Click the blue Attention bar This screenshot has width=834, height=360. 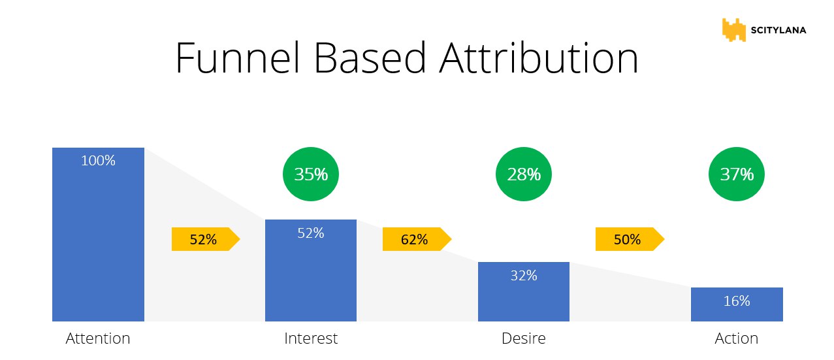pyautogui.click(x=99, y=235)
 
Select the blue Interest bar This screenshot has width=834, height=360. pyautogui.click(x=311, y=270)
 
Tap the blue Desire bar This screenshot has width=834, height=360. pyautogui.click(x=524, y=291)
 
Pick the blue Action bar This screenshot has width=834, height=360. pyautogui.click(x=737, y=304)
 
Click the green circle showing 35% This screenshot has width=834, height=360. pyautogui.click(x=311, y=174)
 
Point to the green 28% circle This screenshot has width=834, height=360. pyautogui.click(x=524, y=174)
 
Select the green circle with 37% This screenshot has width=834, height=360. pyautogui.click(x=737, y=174)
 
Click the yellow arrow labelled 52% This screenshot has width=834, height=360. pyautogui.click(x=206, y=239)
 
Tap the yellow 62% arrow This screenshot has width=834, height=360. pyautogui.click(x=417, y=239)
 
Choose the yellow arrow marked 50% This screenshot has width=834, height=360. pyautogui.click(x=630, y=239)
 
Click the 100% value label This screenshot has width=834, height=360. pyautogui.click(x=99, y=161)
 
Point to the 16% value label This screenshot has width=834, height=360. pyautogui.click(x=737, y=301)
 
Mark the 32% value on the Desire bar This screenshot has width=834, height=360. pyautogui.click(x=524, y=276)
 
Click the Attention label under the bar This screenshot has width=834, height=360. pyautogui.click(x=98, y=338)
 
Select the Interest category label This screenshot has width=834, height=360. pyautogui.click(x=311, y=338)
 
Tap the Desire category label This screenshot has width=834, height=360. pyautogui.click(x=524, y=338)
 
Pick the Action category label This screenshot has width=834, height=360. pyautogui.click(x=737, y=338)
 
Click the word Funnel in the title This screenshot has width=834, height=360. pyautogui.click(x=238, y=58)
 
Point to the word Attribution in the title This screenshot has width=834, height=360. pyautogui.click(x=539, y=58)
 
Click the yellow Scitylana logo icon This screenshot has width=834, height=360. pyautogui.click(x=734, y=30)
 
